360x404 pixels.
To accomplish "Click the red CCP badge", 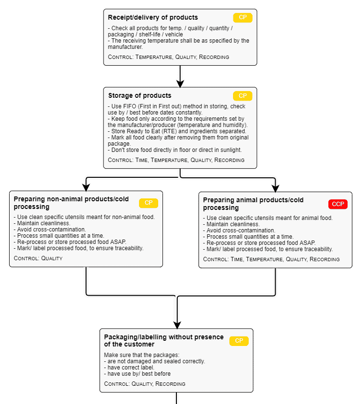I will click(x=338, y=204).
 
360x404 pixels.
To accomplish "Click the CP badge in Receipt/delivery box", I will click(x=243, y=18).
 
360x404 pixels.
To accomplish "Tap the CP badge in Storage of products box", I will click(x=243, y=96).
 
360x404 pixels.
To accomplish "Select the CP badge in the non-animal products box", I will click(x=149, y=203).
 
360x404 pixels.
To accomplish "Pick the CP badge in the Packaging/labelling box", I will click(x=239, y=341).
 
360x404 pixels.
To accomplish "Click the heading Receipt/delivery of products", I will click(x=153, y=18).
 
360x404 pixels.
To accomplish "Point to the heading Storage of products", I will click(x=139, y=96).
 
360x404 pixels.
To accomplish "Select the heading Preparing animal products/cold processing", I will click(x=253, y=204).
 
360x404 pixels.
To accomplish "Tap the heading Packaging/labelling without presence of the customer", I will click(x=163, y=341).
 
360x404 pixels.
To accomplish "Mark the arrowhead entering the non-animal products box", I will click(x=86, y=187).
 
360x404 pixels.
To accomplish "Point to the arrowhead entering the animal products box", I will click(x=275, y=188).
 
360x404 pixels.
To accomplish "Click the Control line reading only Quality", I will click(x=38, y=258).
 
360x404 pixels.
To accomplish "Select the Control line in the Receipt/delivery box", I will click(x=168, y=57).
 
